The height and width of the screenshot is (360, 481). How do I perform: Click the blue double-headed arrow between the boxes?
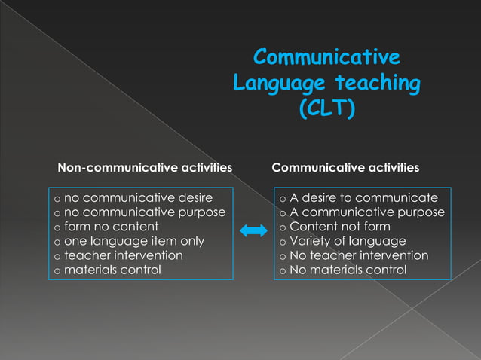pos(254,233)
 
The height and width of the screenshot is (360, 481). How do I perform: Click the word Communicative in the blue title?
pos(326,58)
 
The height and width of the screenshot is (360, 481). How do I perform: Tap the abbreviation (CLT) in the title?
pos(326,110)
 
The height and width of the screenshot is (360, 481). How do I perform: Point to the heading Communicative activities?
pos(345,166)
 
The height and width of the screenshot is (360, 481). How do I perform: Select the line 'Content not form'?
pos(340,227)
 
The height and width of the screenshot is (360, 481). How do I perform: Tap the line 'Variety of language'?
pos(348,241)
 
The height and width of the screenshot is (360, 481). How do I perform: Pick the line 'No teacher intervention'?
pos(359,255)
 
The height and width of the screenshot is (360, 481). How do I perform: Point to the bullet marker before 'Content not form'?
pos(283,227)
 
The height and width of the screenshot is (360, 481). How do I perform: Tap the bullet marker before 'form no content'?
pos(57,227)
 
